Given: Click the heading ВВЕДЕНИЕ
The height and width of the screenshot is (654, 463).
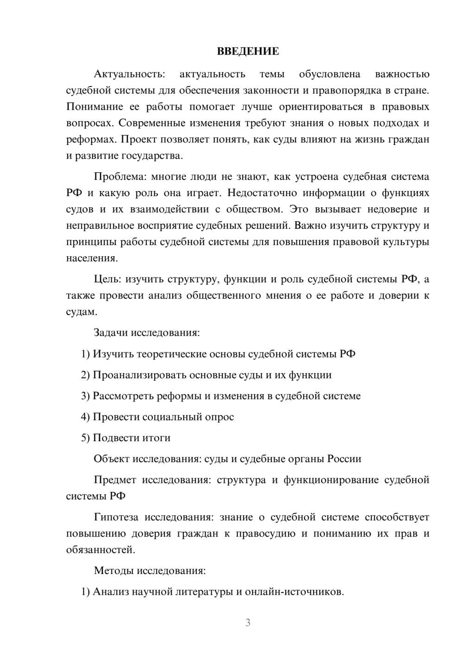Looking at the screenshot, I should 248,51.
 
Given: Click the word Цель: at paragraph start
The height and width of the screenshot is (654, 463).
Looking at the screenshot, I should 108,279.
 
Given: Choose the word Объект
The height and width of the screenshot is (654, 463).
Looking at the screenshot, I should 112,459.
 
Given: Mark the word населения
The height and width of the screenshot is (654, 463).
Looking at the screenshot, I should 92,258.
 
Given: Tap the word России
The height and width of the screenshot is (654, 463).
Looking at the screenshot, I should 344,459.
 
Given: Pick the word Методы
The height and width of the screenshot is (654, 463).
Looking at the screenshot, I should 113,570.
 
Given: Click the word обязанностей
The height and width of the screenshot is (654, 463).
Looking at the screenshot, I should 100,550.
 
